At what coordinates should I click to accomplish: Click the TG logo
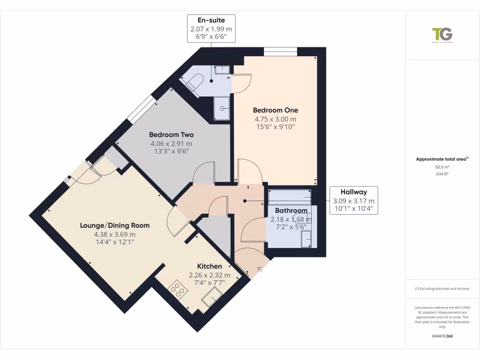(x=442, y=35)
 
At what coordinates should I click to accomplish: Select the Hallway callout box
(x=354, y=200)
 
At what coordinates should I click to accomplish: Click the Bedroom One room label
(x=275, y=110)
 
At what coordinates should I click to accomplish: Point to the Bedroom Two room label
(x=171, y=135)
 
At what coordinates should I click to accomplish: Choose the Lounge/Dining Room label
(x=115, y=225)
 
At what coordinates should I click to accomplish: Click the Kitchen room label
(x=210, y=266)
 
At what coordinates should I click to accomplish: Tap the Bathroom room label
(x=291, y=210)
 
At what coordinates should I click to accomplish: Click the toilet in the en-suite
(x=193, y=83)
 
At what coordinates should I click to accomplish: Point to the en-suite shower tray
(x=222, y=108)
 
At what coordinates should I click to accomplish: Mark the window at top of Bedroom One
(x=280, y=52)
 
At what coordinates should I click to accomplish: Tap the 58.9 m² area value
(x=442, y=167)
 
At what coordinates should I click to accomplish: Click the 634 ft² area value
(x=442, y=174)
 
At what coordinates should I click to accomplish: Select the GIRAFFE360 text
(x=442, y=336)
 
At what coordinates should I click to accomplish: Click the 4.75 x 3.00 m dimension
(x=275, y=119)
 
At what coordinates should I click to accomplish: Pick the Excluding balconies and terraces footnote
(x=442, y=289)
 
